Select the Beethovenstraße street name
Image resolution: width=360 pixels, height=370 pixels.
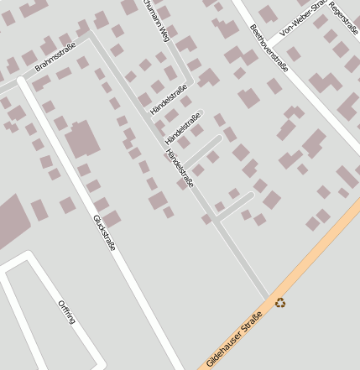click(269, 48)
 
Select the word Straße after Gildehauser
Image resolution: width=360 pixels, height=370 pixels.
click(253, 320)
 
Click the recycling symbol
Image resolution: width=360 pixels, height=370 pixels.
click(280, 302)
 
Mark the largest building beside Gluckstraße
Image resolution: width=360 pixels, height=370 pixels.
click(82, 139)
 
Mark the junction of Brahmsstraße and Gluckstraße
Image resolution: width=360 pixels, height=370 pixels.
click(23, 83)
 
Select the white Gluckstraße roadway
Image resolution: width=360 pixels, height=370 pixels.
click(134, 277)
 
